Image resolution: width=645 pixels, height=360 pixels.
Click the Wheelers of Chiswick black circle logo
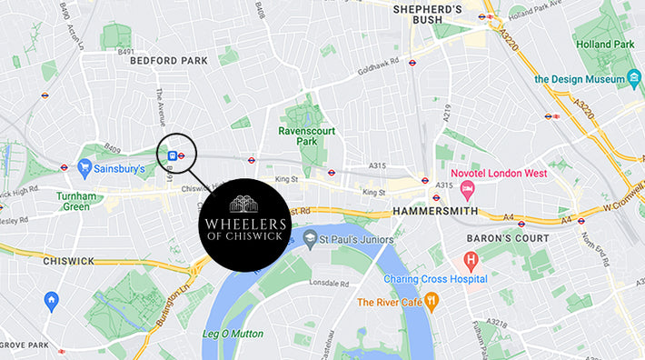[x=243, y=225]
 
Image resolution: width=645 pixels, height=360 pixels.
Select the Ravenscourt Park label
[x=305, y=135]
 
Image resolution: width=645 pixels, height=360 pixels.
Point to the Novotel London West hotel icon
[x=468, y=191]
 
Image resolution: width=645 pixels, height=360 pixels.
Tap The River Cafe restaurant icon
[x=432, y=300]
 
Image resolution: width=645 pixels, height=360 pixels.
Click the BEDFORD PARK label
[x=169, y=61]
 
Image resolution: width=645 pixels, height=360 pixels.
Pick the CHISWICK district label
[x=69, y=261]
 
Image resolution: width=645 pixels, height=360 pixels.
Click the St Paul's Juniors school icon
[x=311, y=239]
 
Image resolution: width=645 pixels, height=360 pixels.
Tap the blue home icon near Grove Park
[x=52, y=299]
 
